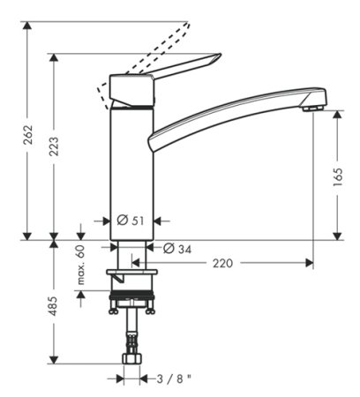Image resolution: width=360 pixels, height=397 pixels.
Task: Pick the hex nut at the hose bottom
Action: [131, 356]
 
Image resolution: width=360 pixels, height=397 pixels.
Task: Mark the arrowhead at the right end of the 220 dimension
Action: [308, 263]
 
